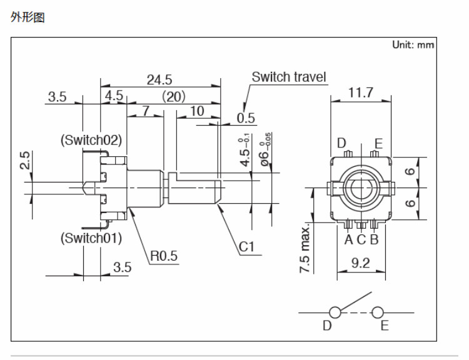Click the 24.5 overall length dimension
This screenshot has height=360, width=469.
159,79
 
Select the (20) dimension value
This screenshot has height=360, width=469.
173,96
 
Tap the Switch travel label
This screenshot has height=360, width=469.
288,77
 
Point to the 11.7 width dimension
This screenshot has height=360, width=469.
361,93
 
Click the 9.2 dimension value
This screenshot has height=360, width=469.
360,263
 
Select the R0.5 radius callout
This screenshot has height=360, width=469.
164,255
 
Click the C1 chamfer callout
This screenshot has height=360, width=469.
247,247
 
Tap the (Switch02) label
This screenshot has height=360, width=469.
91,139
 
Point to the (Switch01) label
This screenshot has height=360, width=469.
91,238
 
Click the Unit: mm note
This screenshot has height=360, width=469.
413,45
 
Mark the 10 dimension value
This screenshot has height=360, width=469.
197,111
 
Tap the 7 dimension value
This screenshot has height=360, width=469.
145,111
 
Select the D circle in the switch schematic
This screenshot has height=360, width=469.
335,312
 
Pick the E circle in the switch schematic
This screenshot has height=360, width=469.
377,312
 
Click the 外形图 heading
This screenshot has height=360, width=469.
28,17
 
